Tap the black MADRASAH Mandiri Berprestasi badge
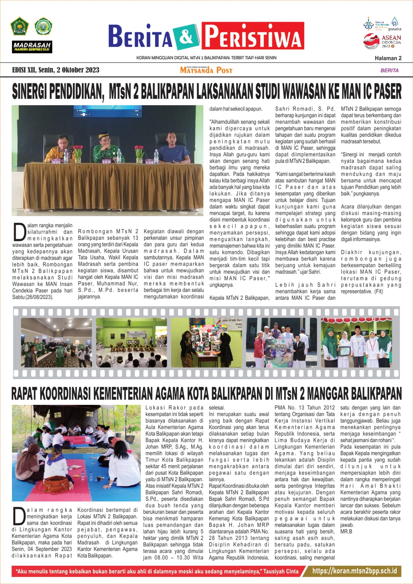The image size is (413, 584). [x=32, y=47]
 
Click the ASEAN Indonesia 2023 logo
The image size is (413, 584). [x=382, y=41]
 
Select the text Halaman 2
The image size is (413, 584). [x=388, y=58]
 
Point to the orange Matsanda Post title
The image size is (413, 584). [x=206, y=70]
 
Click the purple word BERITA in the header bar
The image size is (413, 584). [x=389, y=70]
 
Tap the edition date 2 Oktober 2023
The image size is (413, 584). [x=78, y=70]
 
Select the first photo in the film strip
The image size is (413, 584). [x=56, y=342]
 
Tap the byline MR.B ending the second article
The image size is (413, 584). [x=346, y=532]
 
